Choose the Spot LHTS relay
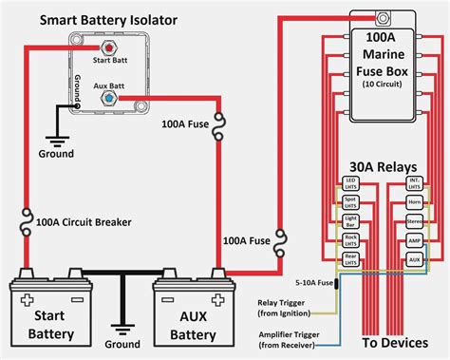tap(351, 201)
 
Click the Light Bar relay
tap(351, 220)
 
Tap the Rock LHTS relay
tap(351, 240)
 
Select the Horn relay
tap(414, 201)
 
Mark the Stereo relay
tap(414, 220)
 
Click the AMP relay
tap(414, 240)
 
